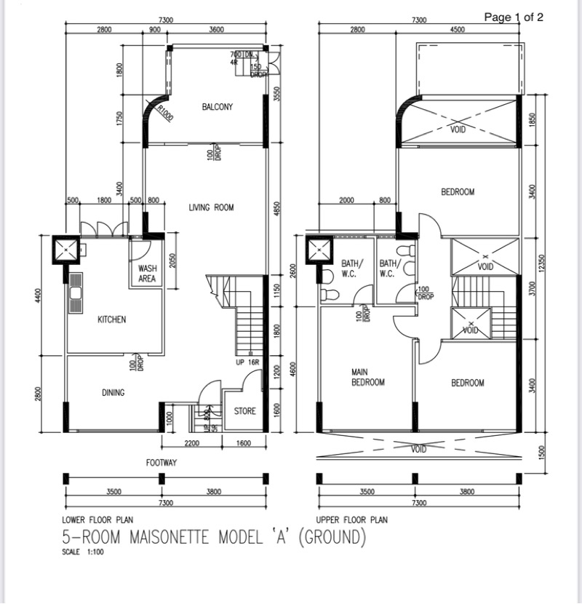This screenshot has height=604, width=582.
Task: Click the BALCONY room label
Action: coord(218,107)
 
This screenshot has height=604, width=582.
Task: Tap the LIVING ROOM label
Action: coord(211,207)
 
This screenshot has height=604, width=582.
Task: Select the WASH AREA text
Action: coord(147,273)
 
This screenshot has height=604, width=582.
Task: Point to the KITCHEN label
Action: coord(112,319)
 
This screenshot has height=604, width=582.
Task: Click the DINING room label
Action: coord(113,392)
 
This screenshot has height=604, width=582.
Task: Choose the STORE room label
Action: coord(245,411)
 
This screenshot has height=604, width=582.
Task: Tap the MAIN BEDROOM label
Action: coord(367,377)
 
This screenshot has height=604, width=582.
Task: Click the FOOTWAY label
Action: coord(162,463)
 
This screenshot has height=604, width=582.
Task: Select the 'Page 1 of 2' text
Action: coord(514,17)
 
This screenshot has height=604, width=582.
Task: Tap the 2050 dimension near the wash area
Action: coord(172,261)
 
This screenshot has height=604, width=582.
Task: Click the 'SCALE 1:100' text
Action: coord(84,552)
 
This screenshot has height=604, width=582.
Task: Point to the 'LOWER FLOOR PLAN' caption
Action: coord(97,520)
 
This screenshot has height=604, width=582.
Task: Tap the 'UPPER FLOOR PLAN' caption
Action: coord(351,520)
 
